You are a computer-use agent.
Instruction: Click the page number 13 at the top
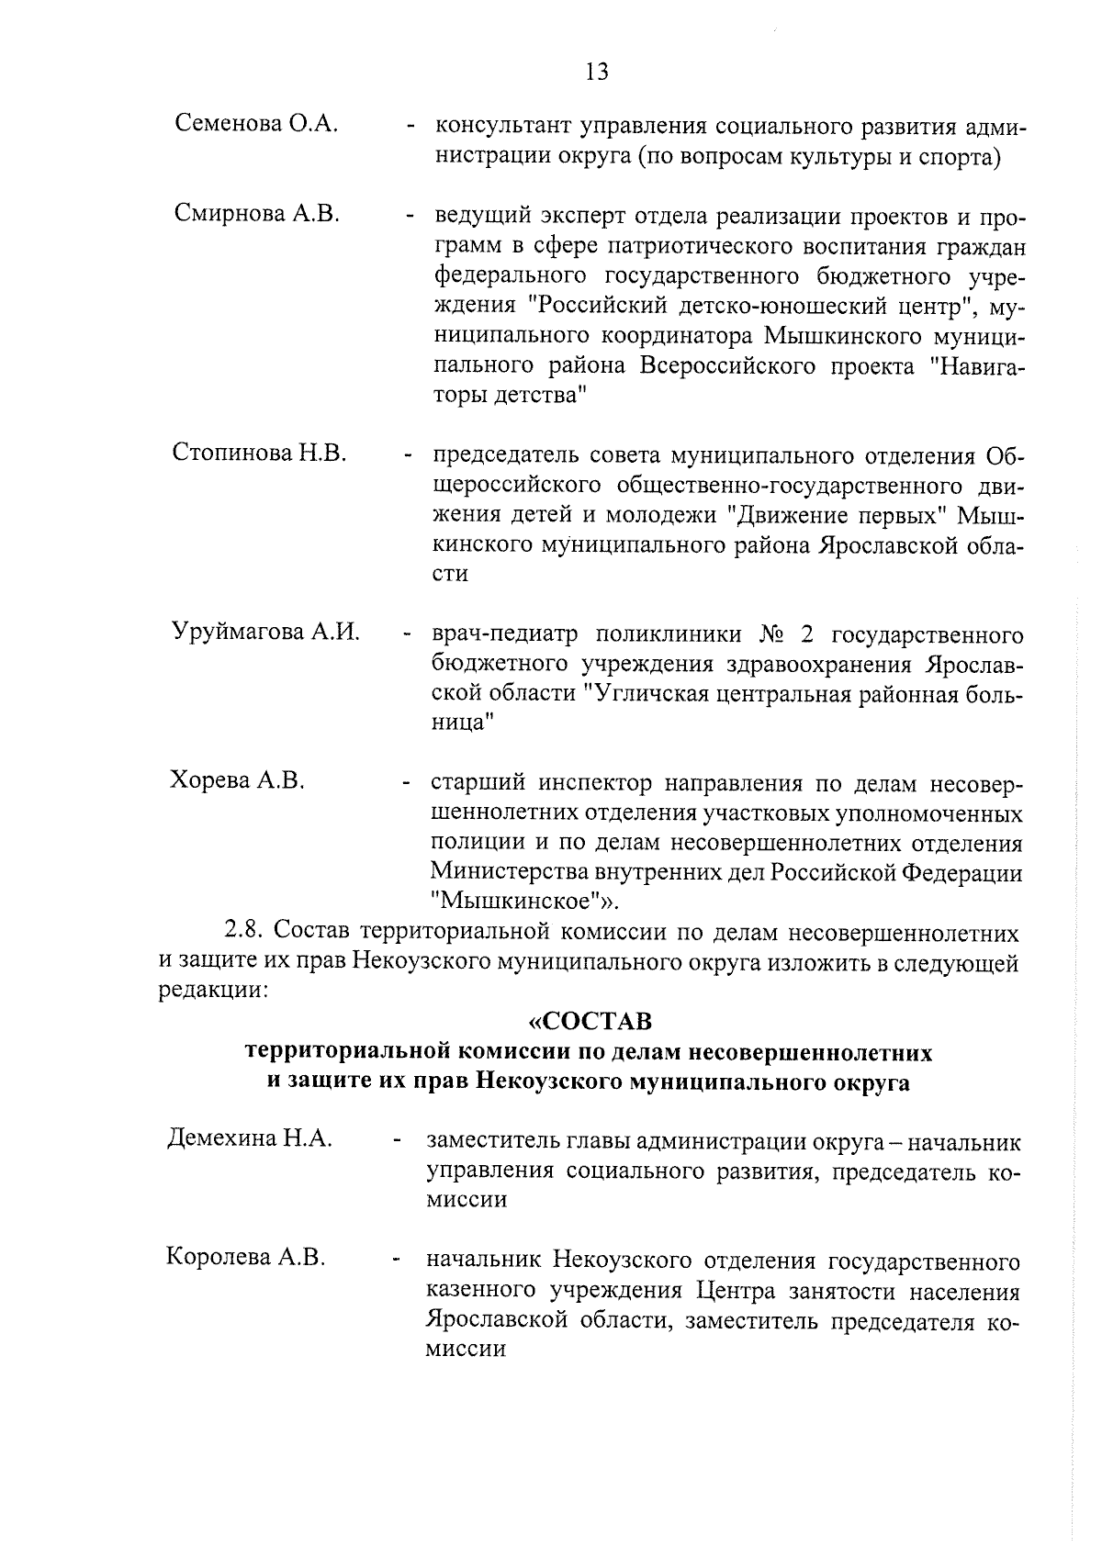tap(596, 72)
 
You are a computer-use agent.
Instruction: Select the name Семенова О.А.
tap(257, 124)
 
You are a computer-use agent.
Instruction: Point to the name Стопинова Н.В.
tap(259, 453)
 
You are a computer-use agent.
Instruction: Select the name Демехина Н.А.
tap(249, 1138)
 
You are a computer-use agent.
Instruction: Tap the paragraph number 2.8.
tap(245, 934)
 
